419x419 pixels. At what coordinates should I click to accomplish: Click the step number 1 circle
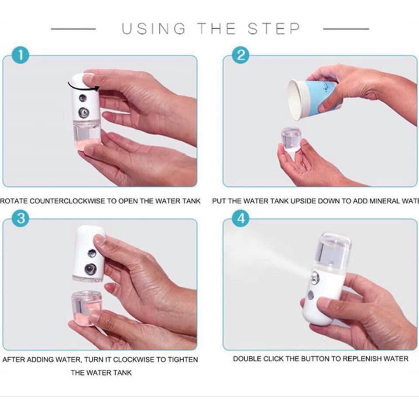pyautogui.click(x=21, y=55)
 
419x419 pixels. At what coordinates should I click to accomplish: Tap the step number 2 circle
pyautogui.click(x=240, y=55)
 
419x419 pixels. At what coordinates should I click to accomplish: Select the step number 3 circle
pyautogui.click(x=21, y=218)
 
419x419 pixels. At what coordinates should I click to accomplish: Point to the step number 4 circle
pyautogui.click(x=241, y=218)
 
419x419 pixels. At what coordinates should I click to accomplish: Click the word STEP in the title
pyautogui.click(x=274, y=29)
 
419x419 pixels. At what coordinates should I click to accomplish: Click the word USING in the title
pyautogui.click(x=154, y=29)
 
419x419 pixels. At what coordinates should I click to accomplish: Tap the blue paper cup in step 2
pyautogui.click(x=312, y=98)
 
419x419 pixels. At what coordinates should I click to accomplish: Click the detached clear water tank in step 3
pyautogui.click(x=86, y=308)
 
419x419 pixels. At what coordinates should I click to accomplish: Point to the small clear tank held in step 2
pyautogui.click(x=291, y=139)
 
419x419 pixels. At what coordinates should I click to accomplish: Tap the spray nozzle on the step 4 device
pyautogui.click(x=315, y=278)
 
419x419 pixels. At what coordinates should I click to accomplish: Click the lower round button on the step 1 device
pyautogui.click(x=84, y=113)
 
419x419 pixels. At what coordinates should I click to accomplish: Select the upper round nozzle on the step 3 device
pyautogui.click(x=92, y=253)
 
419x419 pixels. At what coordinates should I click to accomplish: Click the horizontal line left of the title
pyautogui.click(x=73, y=29)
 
